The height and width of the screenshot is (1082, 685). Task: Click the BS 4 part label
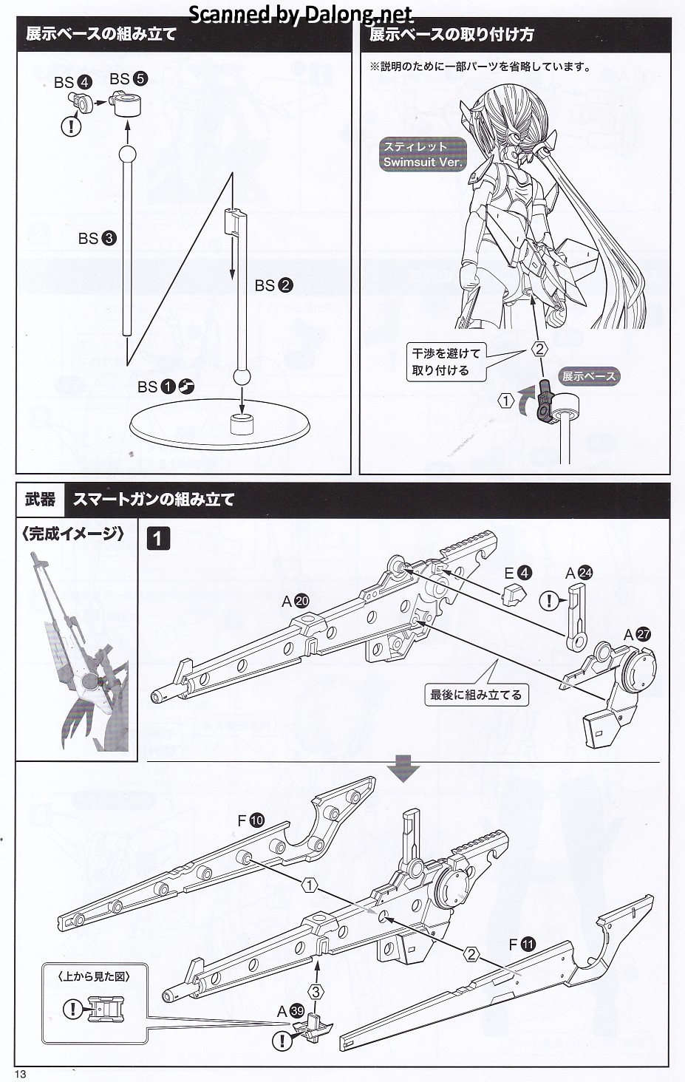(x=72, y=83)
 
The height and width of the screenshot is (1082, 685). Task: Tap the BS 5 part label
(x=129, y=79)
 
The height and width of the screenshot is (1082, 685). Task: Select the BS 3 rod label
(x=98, y=238)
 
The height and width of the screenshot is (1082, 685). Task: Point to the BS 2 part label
(x=273, y=285)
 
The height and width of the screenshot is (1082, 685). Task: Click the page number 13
(x=20, y=1074)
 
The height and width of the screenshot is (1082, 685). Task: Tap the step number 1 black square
(x=159, y=537)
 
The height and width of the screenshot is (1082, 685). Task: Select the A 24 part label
(x=579, y=573)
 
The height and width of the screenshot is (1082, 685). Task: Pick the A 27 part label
(x=637, y=635)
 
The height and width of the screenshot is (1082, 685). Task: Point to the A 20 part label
(x=296, y=602)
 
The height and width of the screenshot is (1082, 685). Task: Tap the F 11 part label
(x=522, y=944)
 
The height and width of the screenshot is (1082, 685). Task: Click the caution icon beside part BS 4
(x=71, y=126)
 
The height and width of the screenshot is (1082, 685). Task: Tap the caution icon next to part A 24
(x=550, y=601)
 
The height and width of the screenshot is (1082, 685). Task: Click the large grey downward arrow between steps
(x=404, y=769)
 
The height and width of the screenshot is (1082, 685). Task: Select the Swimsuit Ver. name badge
(x=423, y=154)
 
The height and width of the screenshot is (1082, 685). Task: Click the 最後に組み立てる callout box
(x=476, y=695)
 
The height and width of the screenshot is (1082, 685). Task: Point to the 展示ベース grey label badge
(x=589, y=376)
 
